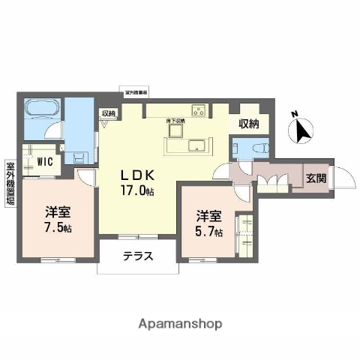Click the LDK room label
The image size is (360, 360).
[139, 175]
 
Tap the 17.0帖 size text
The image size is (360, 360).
[139, 190]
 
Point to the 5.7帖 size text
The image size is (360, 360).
[209, 232]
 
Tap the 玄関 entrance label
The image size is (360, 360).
[314, 178]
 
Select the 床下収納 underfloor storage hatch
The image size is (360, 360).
[177, 128]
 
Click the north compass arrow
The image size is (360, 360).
[302, 132]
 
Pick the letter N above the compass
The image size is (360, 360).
[294, 115]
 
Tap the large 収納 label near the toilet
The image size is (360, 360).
[249, 124]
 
